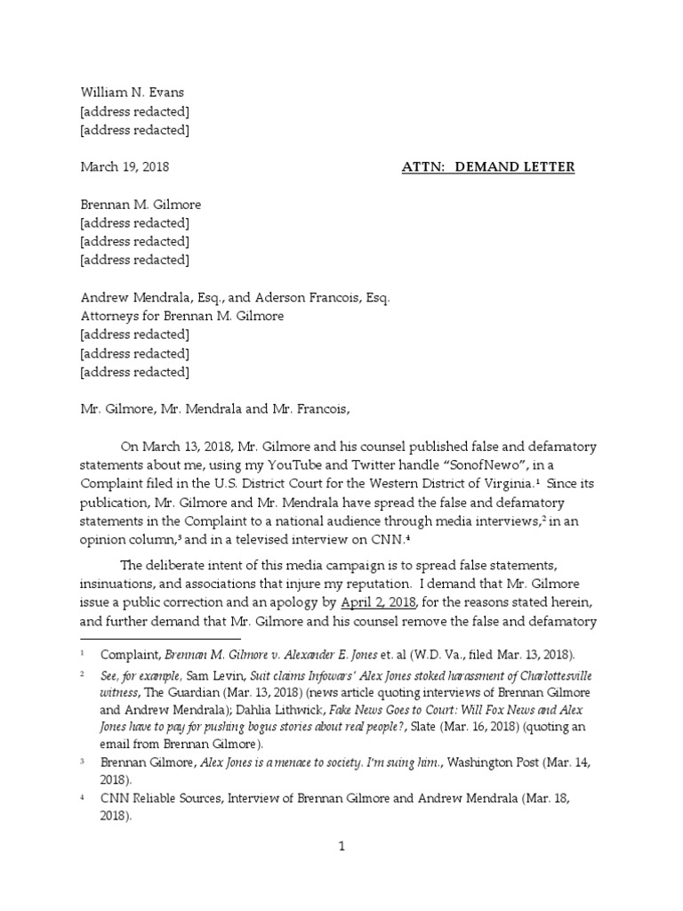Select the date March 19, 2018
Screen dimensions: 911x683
(125, 166)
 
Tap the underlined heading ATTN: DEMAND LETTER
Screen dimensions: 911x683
(488, 166)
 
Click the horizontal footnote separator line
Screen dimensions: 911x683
(160, 638)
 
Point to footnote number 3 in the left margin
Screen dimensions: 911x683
(83, 762)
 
